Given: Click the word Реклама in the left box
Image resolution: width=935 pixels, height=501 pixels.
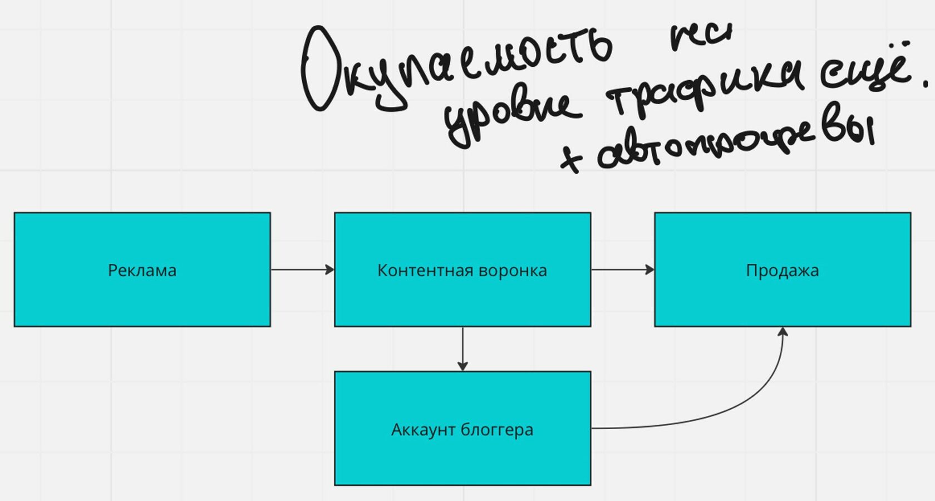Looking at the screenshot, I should pyautogui.click(x=142, y=271).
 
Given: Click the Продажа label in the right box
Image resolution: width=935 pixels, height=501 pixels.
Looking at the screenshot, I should pyautogui.click(x=782, y=271).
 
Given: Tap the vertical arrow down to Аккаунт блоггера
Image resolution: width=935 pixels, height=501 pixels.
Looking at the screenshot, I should pyautogui.click(x=462, y=348).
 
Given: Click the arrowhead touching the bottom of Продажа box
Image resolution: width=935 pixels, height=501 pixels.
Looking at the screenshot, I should pyautogui.click(x=783, y=332).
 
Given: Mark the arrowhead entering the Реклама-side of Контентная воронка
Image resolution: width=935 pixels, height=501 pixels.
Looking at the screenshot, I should pyautogui.click(x=329, y=269).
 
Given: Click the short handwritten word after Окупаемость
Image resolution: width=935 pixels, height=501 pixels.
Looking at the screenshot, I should pyautogui.click(x=700, y=36).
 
